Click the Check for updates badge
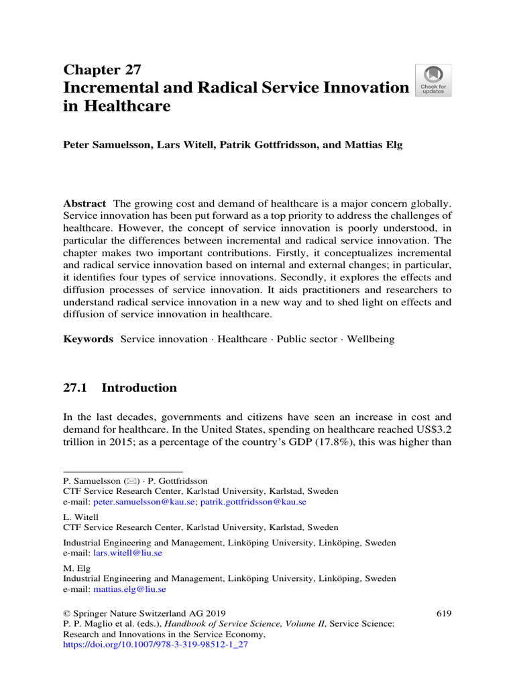coord(433,81)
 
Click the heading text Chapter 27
coord(101,70)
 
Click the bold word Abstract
coord(84,203)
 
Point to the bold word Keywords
coord(88,339)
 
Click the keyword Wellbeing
coord(371,339)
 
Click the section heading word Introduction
coord(139,388)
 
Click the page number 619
coord(443,613)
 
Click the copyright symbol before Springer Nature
coord(66,613)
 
